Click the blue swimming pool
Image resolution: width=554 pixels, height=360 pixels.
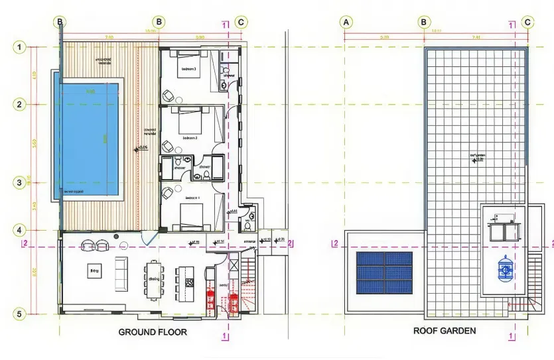point(90,139)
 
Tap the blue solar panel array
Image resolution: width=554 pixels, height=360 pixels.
point(384,272)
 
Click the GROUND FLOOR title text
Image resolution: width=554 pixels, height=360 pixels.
point(153,331)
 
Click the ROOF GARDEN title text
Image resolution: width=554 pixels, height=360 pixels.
point(445,330)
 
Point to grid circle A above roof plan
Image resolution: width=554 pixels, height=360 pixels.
point(345,22)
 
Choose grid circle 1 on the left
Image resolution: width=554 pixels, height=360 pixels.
point(21,47)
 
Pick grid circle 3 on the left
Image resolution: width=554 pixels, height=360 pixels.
point(21,182)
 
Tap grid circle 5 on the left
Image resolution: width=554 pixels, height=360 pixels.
point(21,314)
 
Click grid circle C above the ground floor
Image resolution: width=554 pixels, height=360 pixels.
point(241,22)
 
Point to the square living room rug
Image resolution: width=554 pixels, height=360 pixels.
point(94,270)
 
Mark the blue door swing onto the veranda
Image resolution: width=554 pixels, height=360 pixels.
point(150,239)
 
